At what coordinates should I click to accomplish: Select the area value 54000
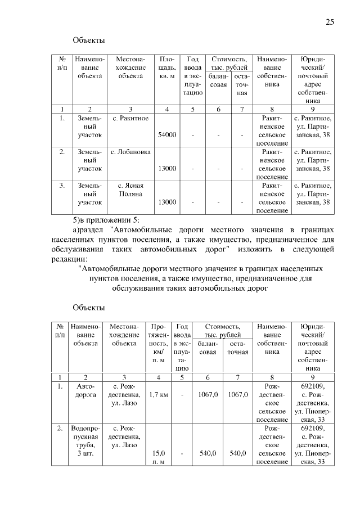coord(167,134)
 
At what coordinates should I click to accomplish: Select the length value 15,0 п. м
coord(158,457)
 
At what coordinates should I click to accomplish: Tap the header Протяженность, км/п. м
coord(158,343)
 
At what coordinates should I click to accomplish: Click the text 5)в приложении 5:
coord(106,219)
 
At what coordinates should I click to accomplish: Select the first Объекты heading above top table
coord(89,40)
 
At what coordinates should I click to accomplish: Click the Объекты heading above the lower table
coord(89,307)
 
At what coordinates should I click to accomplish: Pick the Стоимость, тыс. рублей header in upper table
coord(228,62)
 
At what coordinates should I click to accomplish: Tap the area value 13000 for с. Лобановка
coord(167,168)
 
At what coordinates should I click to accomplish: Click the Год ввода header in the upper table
coord(192,75)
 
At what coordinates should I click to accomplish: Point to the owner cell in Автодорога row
coord(272,403)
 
